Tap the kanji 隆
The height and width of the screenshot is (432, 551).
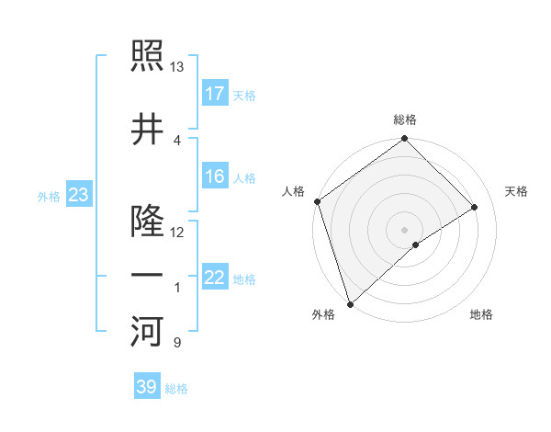point(147,222)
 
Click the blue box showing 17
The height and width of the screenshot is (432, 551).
point(215,94)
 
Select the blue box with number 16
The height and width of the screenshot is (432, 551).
point(215,176)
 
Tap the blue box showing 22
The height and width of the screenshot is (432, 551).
point(215,278)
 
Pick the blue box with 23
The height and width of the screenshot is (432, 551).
point(77,195)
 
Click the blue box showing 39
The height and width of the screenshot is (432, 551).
point(146,387)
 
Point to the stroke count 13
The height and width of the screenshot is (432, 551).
point(177,67)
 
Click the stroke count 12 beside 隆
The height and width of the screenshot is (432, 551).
point(177,232)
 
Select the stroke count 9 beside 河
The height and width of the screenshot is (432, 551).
point(177,343)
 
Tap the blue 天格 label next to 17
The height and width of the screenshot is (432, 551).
point(244,96)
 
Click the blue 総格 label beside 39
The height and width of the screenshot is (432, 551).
point(176,389)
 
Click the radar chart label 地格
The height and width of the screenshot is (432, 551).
point(481,314)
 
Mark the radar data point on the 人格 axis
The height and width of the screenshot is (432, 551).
point(317,201)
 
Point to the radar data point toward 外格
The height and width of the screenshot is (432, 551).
point(349,303)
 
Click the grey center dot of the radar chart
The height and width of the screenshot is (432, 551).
point(404,229)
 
